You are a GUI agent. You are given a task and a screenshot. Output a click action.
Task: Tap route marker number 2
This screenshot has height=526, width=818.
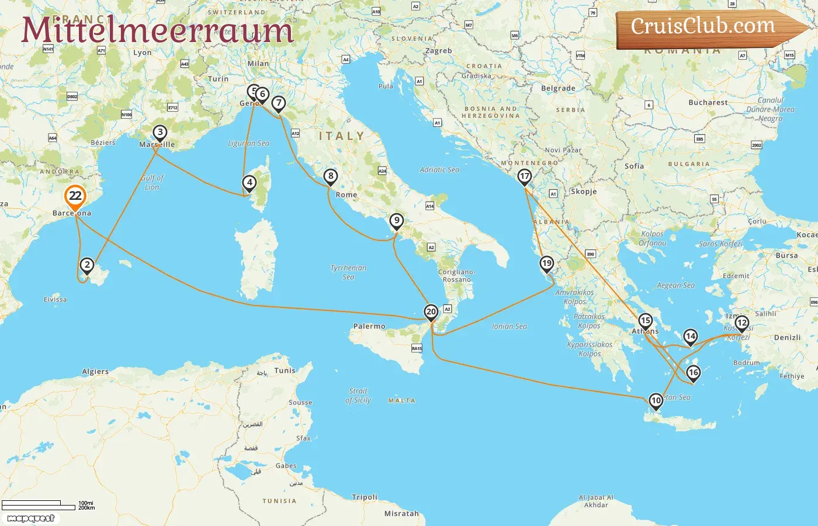[x=87, y=265]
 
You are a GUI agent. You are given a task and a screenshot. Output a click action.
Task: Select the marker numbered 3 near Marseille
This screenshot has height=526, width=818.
[x=160, y=133]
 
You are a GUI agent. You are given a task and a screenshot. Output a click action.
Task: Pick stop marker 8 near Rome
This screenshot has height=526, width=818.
[x=331, y=176]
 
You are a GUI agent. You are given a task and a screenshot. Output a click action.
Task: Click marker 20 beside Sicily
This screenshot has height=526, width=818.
[x=431, y=312]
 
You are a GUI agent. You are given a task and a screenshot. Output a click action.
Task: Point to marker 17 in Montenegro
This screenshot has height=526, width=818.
[x=525, y=177]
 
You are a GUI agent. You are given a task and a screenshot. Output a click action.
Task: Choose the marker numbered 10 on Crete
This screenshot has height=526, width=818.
[x=656, y=401]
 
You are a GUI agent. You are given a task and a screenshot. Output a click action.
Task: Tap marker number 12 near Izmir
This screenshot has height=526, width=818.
[x=741, y=323]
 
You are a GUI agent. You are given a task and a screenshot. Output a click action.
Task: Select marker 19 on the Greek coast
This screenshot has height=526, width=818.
[x=546, y=264]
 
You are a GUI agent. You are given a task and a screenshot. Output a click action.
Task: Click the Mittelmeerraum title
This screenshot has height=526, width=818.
[x=157, y=30]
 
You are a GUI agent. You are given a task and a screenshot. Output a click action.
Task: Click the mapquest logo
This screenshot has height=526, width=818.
[x=31, y=518]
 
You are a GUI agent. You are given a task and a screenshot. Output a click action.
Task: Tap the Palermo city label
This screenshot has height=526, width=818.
[x=369, y=327]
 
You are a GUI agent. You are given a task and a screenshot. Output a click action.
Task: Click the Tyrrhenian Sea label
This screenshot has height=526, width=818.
[x=348, y=272]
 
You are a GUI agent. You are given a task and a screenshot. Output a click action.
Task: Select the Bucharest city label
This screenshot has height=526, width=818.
[x=708, y=102]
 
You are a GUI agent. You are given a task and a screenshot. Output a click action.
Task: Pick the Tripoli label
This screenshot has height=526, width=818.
[x=365, y=497]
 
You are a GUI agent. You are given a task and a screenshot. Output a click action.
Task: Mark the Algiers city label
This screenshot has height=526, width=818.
[x=95, y=372]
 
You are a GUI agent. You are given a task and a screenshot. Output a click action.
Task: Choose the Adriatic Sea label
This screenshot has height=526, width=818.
[x=439, y=170]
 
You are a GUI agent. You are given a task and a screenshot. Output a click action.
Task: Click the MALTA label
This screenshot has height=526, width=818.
[x=401, y=401]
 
